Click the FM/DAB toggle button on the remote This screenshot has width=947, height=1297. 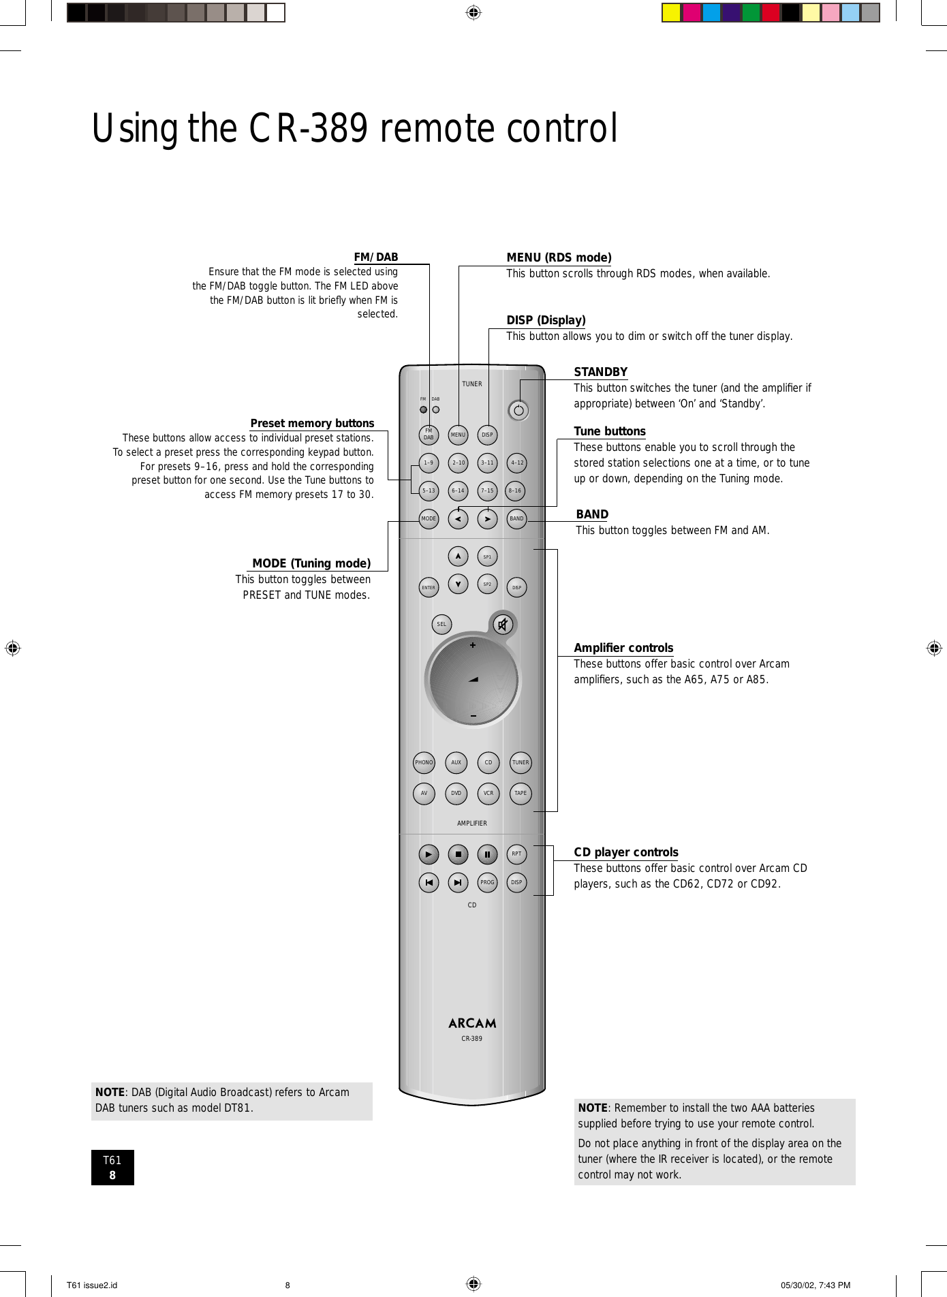pyautogui.click(x=429, y=435)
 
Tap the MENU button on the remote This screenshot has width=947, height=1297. pyautogui.click(x=458, y=435)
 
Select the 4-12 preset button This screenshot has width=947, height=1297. pyautogui.click(x=517, y=463)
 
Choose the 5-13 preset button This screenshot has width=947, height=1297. pyautogui.click(x=429, y=490)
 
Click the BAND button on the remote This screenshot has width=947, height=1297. pyautogui.click(x=517, y=519)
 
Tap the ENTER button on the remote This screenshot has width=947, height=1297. pyautogui.click(x=429, y=587)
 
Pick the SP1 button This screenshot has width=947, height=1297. pyautogui.click(x=487, y=557)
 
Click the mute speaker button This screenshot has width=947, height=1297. pyautogui.click(x=503, y=624)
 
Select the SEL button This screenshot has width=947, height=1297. pyautogui.click(x=441, y=624)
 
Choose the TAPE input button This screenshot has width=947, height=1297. pyautogui.click(x=521, y=794)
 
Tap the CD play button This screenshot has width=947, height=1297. pyautogui.click(x=429, y=854)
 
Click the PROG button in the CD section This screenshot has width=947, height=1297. pyautogui.click(x=487, y=883)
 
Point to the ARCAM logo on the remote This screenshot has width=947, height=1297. pyautogui.click(x=472, y=1023)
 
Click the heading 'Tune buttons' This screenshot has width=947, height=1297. pyautogui.click(x=610, y=431)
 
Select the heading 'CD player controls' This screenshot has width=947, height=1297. pyautogui.click(x=626, y=852)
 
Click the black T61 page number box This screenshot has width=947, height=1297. pyautogui.click(x=112, y=1168)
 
